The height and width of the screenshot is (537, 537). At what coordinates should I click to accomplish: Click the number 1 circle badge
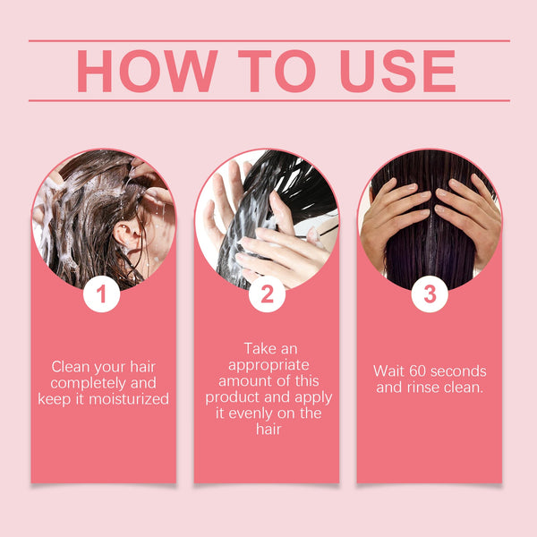[102, 294]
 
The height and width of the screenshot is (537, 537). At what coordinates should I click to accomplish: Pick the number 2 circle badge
[267, 294]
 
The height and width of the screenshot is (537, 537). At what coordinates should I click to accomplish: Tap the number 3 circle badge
[430, 294]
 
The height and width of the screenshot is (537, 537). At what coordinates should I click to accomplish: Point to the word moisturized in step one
[121, 399]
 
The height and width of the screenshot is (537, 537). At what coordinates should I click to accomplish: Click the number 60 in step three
[414, 371]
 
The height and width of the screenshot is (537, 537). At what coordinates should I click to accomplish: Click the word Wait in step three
[388, 371]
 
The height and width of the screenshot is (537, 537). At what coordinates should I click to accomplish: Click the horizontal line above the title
[268, 40]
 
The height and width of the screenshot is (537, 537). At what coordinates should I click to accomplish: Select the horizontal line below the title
[268, 100]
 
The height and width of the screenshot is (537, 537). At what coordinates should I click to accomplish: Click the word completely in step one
[87, 383]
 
